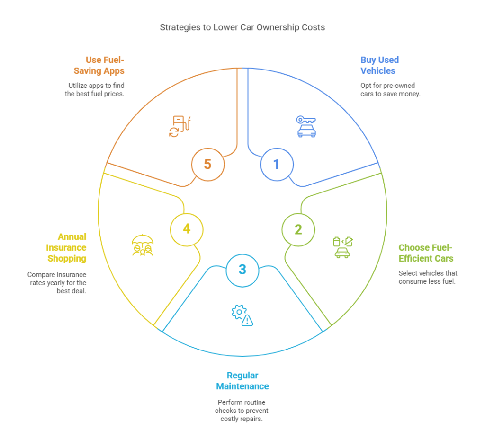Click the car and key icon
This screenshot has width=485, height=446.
[x=306, y=126]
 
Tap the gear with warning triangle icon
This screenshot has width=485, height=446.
[x=242, y=315]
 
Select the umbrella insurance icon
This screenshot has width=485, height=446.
[x=142, y=245]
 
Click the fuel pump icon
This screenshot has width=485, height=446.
[x=180, y=126]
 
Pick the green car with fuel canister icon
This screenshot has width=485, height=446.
[x=343, y=247]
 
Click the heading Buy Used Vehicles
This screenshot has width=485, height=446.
[x=379, y=65]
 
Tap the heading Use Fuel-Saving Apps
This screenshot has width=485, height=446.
[x=99, y=65]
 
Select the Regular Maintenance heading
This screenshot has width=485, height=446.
[x=242, y=381]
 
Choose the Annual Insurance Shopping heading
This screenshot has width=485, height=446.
[x=66, y=247]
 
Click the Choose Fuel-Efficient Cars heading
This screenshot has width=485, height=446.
[x=426, y=253]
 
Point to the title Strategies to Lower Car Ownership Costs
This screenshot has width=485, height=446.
[x=242, y=27]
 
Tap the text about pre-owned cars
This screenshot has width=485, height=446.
[x=390, y=89]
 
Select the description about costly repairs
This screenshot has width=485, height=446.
[x=242, y=411]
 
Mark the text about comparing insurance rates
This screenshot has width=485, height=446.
[x=57, y=283]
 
